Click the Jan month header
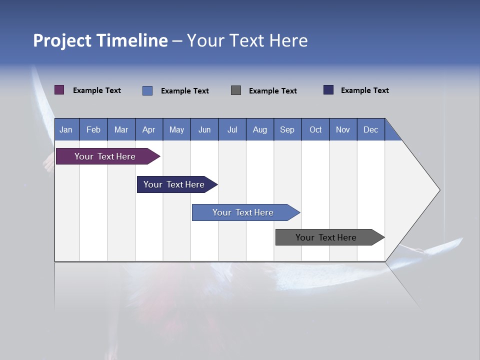(x=66, y=129)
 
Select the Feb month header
(x=93, y=129)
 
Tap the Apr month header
(x=149, y=129)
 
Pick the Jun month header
(x=204, y=129)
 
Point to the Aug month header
(x=260, y=129)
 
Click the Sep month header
(x=287, y=129)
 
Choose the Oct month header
(x=315, y=129)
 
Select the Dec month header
(x=371, y=129)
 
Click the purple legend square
(x=59, y=90)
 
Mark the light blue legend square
(x=147, y=90)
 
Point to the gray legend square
(x=236, y=90)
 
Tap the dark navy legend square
(x=328, y=90)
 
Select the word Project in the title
(x=62, y=40)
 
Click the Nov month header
(x=343, y=129)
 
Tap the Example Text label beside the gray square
(x=273, y=91)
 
